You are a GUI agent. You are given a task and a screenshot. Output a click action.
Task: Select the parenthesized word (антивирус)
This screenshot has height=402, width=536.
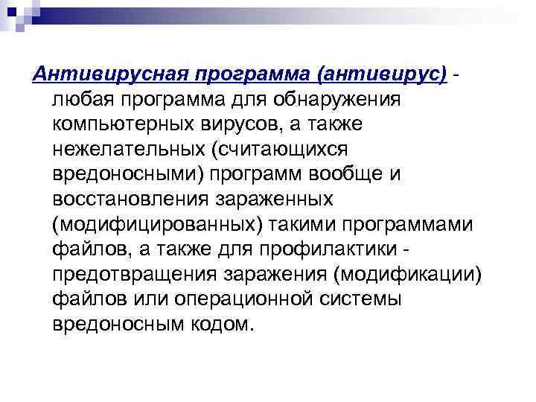click(382, 73)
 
